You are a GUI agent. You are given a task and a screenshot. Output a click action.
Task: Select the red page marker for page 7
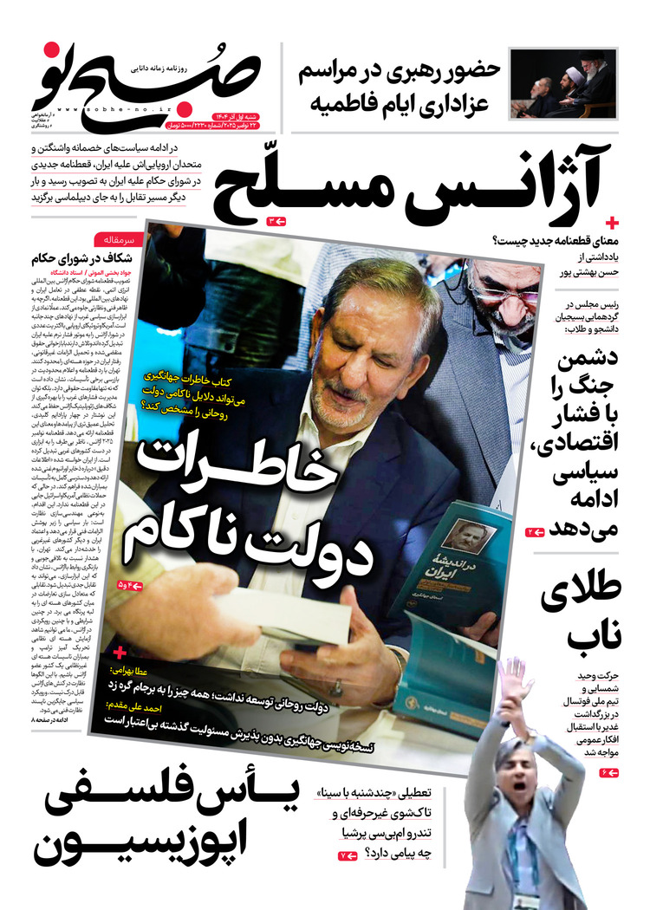tap(347, 856)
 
